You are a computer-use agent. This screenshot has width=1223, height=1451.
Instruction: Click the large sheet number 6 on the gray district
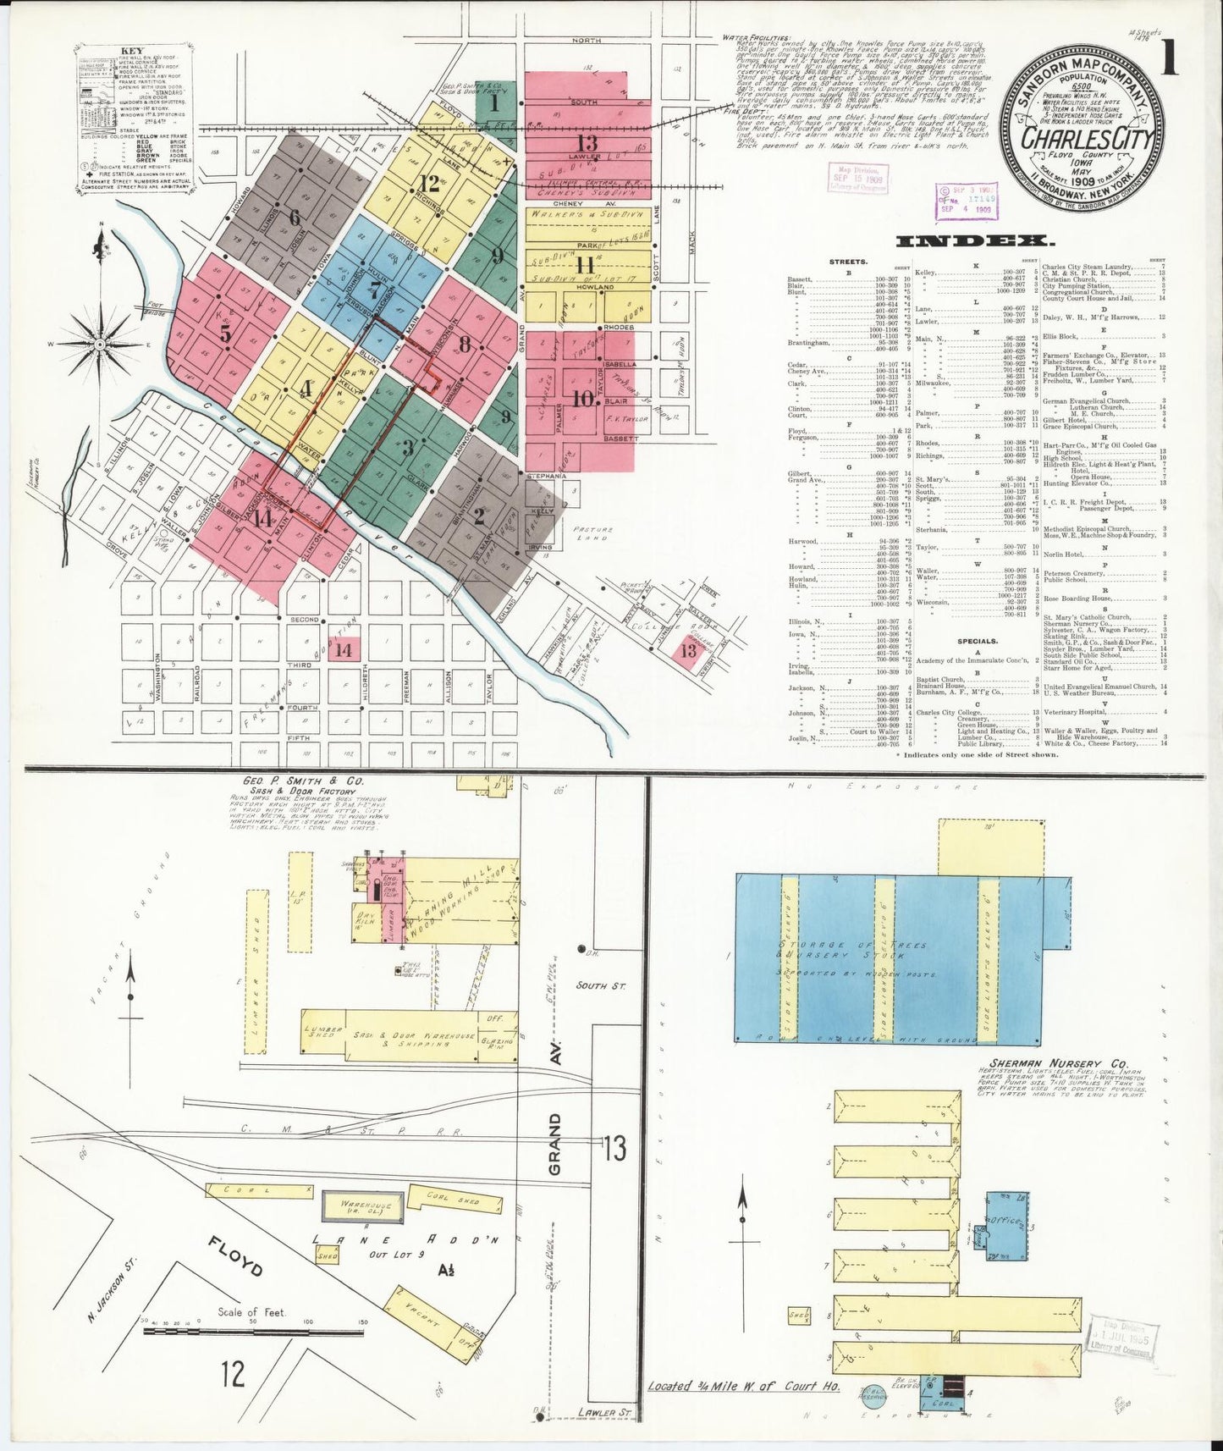pos(294,217)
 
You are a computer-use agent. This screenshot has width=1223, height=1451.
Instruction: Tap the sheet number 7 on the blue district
pos(372,290)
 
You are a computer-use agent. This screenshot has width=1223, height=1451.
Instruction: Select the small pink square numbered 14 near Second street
pos(344,649)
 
